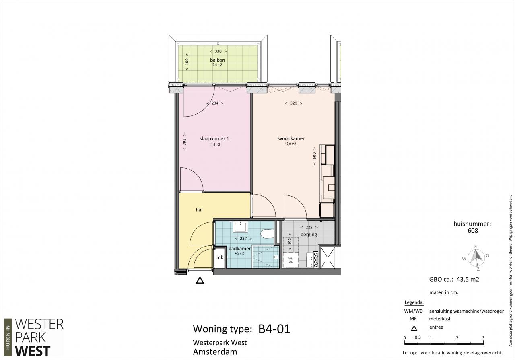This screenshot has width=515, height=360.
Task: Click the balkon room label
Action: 217,60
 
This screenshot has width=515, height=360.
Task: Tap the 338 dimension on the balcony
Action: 218,51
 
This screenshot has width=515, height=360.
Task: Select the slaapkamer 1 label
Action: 214,139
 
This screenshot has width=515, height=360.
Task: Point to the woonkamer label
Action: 291,138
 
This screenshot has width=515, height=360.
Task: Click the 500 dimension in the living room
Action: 315,156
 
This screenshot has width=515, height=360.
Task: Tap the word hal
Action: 199,210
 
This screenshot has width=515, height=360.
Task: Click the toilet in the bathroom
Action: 267,234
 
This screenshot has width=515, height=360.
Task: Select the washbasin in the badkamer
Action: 240,227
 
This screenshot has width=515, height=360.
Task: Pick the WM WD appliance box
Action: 290,260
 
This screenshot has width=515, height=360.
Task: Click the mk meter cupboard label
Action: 220,257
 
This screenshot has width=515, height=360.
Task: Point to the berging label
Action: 309,235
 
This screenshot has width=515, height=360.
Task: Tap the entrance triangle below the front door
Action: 200,280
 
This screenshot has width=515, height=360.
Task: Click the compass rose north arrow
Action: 476,256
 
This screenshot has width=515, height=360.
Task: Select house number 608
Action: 473,230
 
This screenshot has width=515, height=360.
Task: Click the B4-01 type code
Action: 274,329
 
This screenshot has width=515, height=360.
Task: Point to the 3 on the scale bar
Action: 483,338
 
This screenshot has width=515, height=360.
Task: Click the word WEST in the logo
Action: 33,351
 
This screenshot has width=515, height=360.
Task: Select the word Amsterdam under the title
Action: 215,352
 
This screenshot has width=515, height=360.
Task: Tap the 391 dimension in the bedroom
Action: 184,142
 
